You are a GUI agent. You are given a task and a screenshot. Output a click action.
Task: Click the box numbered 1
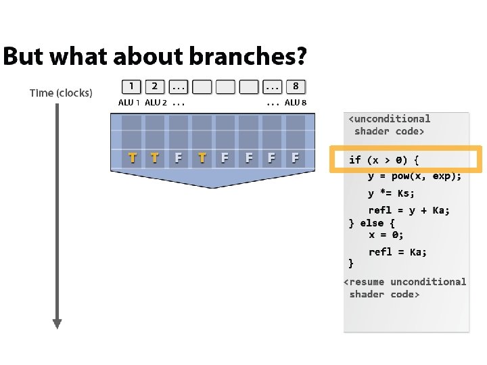pos(131,87)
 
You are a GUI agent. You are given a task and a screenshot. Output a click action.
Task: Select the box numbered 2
pos(155,87)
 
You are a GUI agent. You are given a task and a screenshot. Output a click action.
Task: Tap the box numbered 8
pos(296,87)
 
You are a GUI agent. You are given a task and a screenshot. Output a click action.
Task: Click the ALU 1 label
pos(129,103)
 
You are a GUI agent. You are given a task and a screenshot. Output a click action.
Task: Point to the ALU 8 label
pos(296,103)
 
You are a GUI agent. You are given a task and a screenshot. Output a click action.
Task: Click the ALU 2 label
pos(156,103)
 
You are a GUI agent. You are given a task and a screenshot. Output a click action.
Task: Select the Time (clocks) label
pos(61,93)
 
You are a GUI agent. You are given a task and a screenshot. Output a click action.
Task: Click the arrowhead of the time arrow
pos(57,323)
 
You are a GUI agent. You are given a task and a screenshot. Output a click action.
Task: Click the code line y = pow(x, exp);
pos(415,176)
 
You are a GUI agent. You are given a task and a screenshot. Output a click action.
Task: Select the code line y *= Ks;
pos(391,193)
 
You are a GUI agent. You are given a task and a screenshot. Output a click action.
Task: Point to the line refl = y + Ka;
pos(409,210)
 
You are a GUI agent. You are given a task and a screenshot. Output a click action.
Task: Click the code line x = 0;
pos(386,235)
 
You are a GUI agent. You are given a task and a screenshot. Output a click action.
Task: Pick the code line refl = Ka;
pos(397,252)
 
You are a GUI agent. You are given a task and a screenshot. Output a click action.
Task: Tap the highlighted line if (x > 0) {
pos(384,160)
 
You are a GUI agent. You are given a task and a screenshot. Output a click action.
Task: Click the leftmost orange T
pos(132,158)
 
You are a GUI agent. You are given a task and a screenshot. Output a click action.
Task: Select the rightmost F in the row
pos(295,158)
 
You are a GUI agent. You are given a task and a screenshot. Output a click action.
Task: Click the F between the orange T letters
pos(179,158)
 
